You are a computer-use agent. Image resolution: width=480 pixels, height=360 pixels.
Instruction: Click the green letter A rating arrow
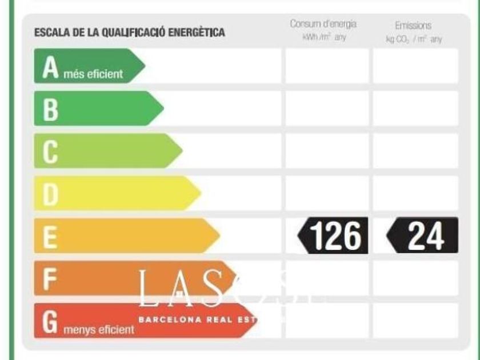[x=86, y=66]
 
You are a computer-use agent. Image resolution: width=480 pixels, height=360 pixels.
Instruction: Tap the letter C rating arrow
[x=106, y=151]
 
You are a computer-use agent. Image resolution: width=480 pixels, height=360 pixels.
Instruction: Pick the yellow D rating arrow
[x=114, y=193]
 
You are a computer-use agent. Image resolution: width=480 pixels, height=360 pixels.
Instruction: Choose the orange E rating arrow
[x=123, y=235]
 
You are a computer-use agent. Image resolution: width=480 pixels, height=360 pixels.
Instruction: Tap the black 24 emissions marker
[x=423, y=235]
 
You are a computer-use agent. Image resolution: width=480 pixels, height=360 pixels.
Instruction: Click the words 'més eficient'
[x=98, y=74]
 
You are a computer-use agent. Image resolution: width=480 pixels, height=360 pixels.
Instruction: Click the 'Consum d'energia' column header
[x=323, y=25]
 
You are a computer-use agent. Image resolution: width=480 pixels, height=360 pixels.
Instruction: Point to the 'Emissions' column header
[x=413, y=26]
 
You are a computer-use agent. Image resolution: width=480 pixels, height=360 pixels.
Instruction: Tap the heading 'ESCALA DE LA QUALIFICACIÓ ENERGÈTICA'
[x=130, y=33]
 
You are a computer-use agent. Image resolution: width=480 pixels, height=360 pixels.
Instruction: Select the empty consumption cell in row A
[x=327, y=66]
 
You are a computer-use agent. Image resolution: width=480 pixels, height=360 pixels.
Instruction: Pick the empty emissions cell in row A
[x=415, y=66]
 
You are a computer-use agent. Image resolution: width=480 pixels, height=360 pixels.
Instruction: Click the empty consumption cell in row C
[x=327, y=151]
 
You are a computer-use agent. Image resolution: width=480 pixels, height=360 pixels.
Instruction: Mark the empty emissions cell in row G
[x=415, y=321]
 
